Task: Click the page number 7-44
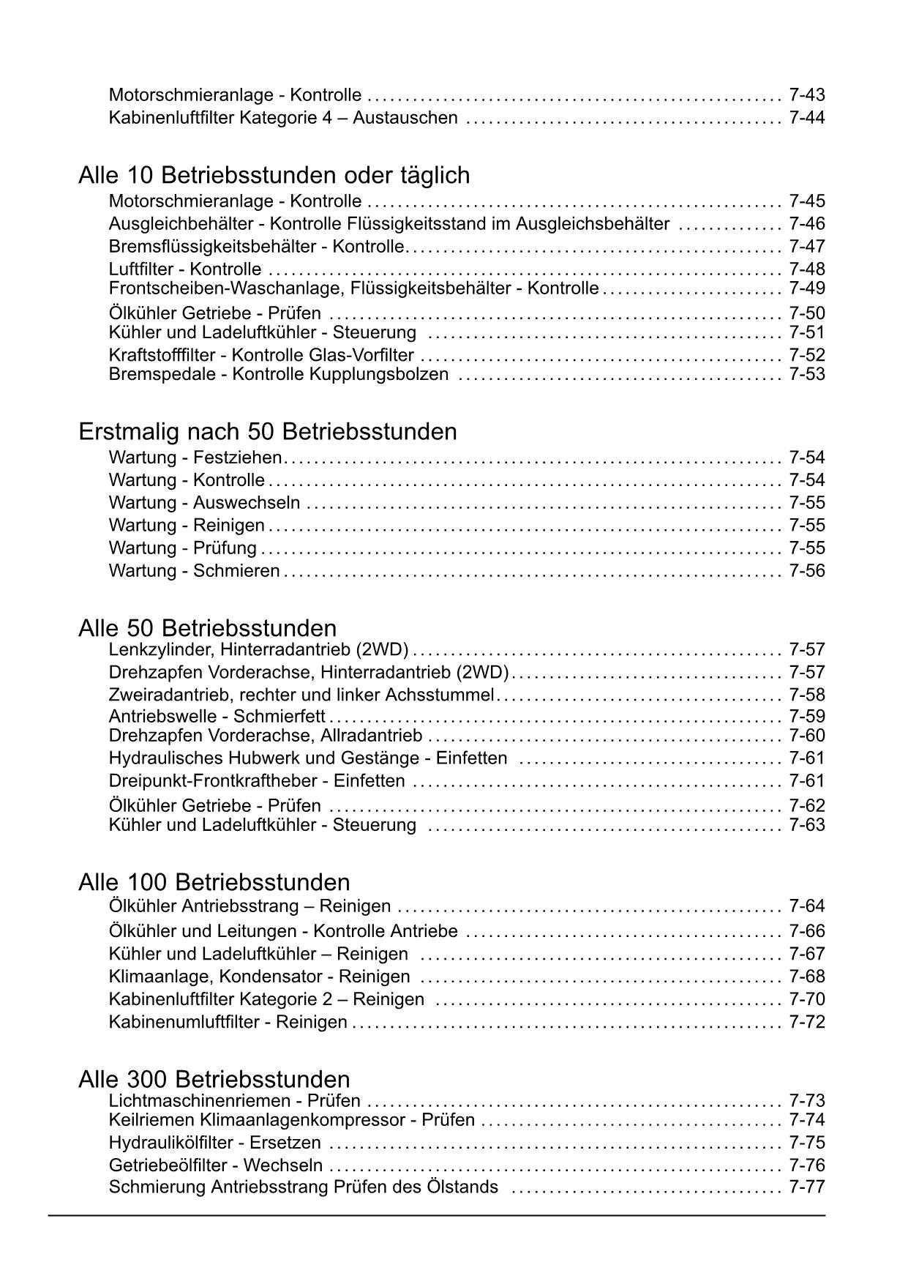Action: [806, 118]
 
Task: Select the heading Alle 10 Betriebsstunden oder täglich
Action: [274, 176]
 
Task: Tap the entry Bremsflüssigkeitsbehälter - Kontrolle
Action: [256, 247]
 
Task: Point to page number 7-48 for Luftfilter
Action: [806, 269]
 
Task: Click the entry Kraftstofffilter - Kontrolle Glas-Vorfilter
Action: [261, 356]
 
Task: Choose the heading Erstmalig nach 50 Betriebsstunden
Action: [267, 432]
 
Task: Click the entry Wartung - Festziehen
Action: [195, 458]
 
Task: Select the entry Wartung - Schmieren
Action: [194, 571]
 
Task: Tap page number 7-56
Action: [806, 571]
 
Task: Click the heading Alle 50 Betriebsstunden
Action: [207, 628]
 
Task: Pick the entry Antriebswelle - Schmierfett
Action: [217, 717]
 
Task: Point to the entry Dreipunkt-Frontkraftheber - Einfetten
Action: [256, 781]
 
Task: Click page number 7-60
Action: [806, 736]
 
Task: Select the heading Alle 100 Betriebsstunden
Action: [214, 882]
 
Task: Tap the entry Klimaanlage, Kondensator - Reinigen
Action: [259, 977]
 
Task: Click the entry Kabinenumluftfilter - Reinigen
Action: [228, 1022]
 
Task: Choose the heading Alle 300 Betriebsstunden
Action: [214, 1079]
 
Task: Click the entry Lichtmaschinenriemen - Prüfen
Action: [234, 1101]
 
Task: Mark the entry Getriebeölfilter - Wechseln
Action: [215, 1165]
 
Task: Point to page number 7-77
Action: [806, 1187]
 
